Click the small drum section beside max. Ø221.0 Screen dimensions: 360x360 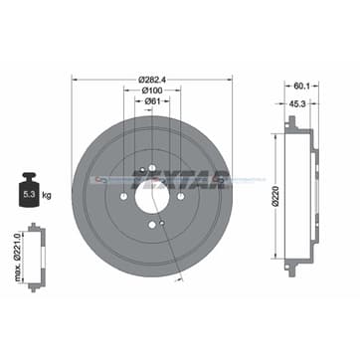[x=39, y=256]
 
